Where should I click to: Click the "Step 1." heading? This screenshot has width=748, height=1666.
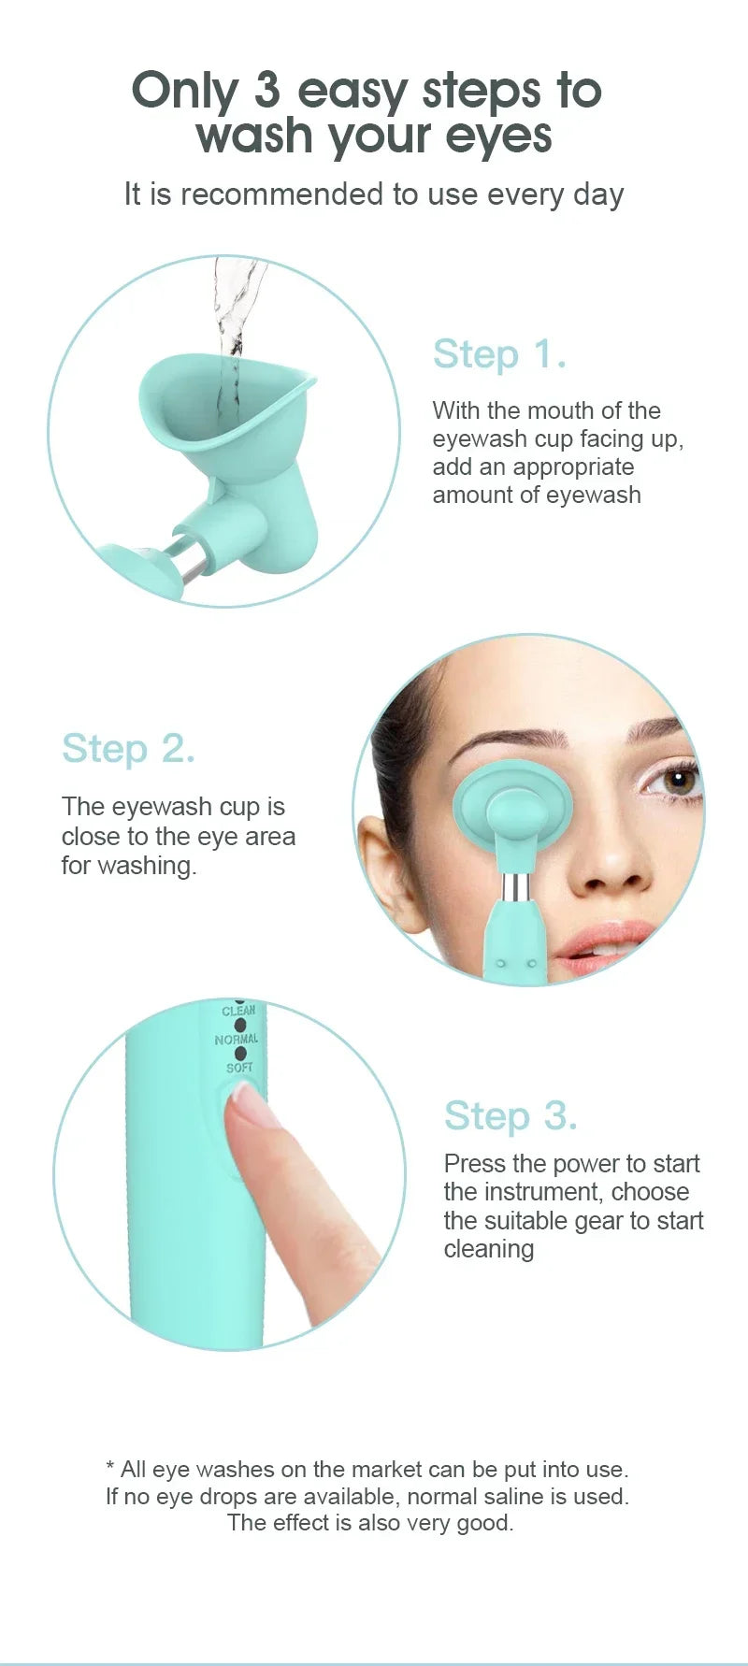point(499,354)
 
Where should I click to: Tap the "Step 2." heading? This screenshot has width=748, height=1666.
point(128,749)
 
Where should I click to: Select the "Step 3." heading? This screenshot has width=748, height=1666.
point(511,1115)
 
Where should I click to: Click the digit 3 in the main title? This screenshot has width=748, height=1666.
point(267,91)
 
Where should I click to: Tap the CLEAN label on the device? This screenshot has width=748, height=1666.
point(238,1011)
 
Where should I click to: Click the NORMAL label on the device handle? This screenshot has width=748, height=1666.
point(237,1040)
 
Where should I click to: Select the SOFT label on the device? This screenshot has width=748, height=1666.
point(239,1068)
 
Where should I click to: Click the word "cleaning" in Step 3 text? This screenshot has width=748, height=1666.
point(489,1249)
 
